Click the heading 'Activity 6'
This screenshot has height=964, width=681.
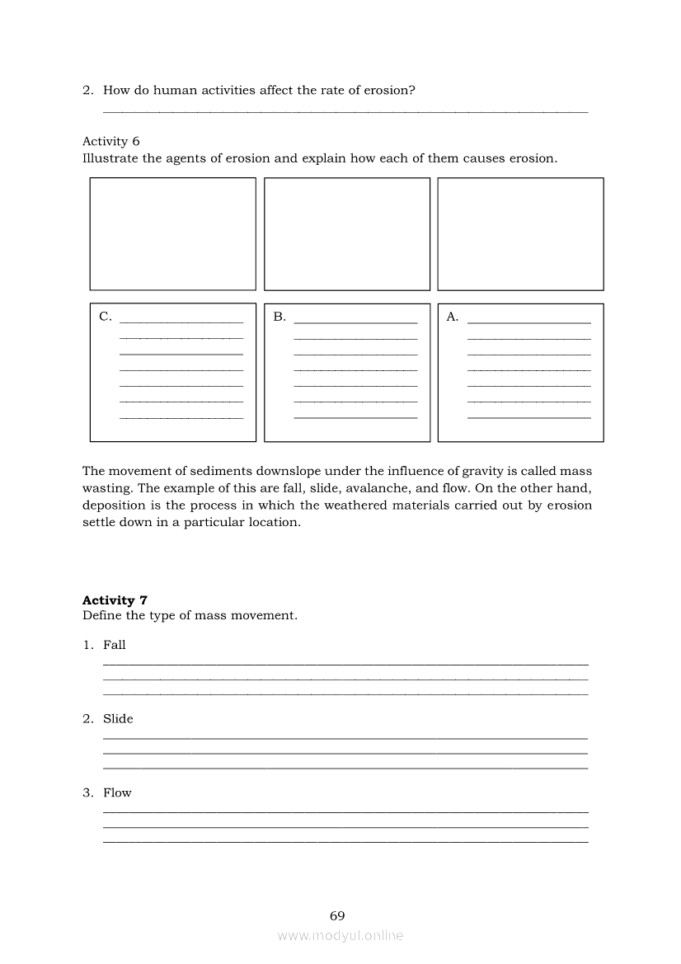[x=111, y=141]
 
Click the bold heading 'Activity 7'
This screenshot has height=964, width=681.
[x=115, y=600]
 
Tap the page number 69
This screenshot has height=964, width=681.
[x=337, y=915]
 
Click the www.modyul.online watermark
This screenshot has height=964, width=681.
[x=340, y=935]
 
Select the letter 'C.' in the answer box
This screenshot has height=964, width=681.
[x=106, y=317]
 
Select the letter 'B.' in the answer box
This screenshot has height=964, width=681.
[x=279, y=317]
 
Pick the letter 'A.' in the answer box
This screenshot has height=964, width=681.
[x=453, y=317]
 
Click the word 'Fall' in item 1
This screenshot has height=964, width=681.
[x=115, y=645]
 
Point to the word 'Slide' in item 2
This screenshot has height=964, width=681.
[x=118, y=719]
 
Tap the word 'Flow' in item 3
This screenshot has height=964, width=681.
[x=117, y=793]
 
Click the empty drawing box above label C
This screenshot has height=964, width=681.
[x=173, y=234]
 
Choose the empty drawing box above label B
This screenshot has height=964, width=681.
[x=347, y=234]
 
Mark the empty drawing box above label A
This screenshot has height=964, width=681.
[x=520, y=234]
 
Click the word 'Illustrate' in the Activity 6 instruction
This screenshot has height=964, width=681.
[x=110, y=158]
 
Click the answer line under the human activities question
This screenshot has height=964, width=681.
[x=345, y=111]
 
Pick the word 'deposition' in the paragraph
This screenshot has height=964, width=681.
[x=115, y=506]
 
